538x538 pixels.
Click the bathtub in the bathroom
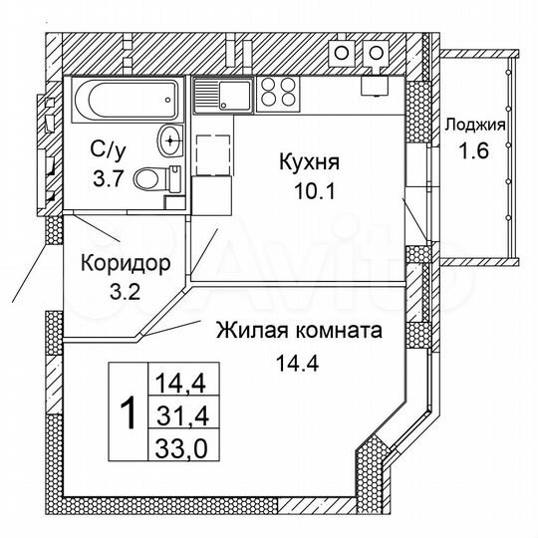click(x=124, y=100)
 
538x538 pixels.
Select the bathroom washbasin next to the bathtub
click(x=170, y=138)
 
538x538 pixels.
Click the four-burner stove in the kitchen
click(x=279, y=94)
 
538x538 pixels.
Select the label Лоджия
click(x=474, y=126)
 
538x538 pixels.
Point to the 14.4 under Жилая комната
click(x=296, y=364)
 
